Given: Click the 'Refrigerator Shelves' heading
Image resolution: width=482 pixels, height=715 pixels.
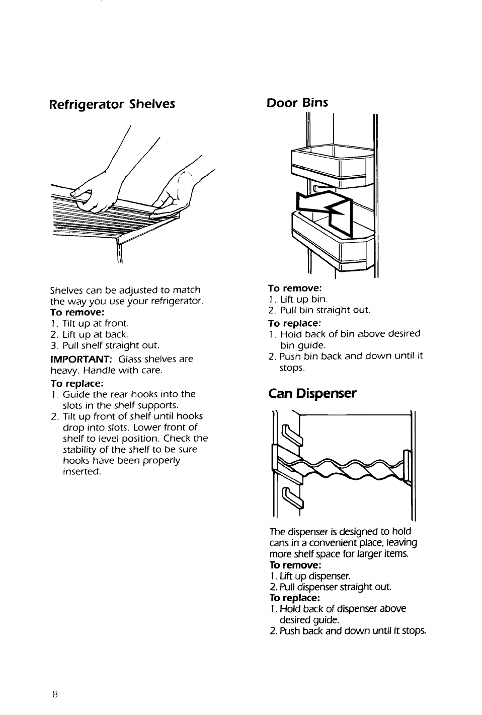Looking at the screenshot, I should tap(112, 104).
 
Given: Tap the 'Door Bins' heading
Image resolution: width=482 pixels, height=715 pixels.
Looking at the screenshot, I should tap(297, 103).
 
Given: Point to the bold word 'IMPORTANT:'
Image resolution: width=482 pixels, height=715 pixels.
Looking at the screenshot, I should tap(81, 359).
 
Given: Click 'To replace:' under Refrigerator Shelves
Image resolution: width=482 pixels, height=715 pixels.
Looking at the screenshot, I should tap(76, 383).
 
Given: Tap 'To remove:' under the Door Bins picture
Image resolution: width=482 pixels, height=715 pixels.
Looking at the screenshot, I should tap(295, 288).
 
